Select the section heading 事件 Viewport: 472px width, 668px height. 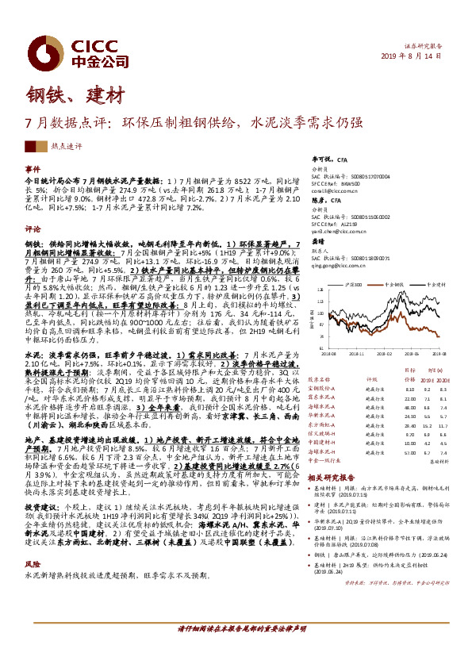33,169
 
